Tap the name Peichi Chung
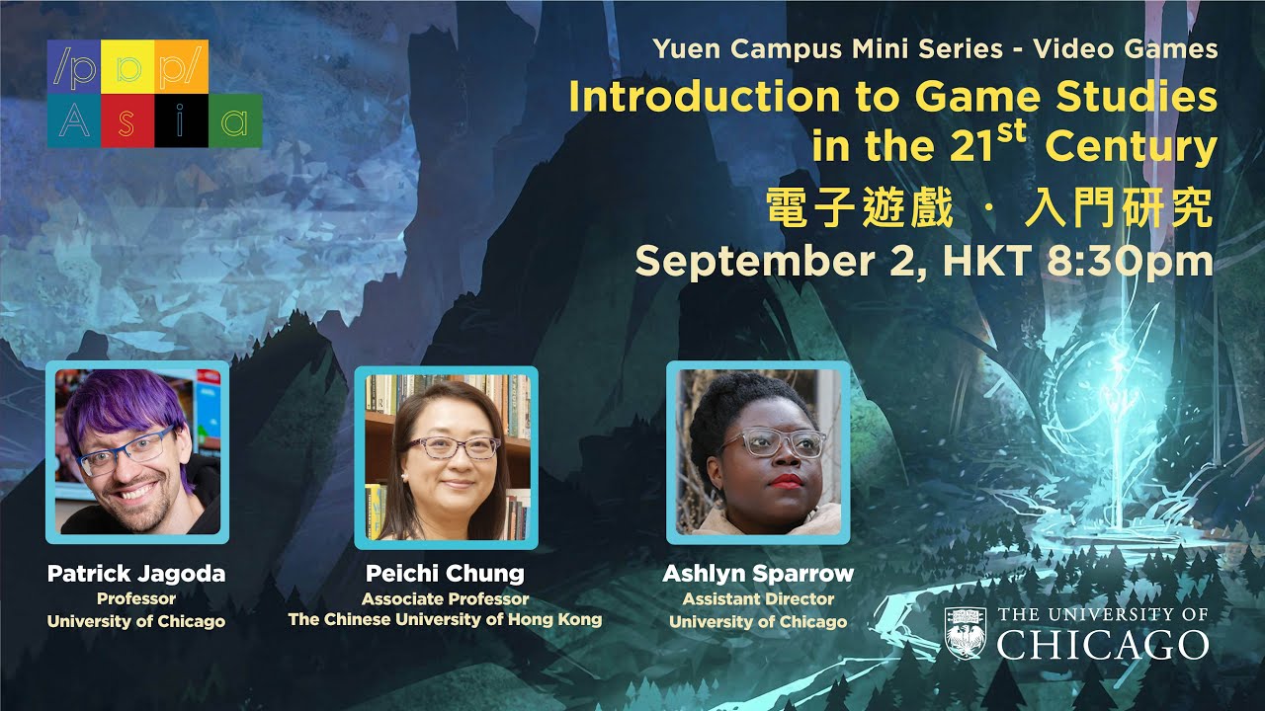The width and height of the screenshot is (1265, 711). point(445,574)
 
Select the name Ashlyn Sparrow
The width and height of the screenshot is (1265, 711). point(758,574)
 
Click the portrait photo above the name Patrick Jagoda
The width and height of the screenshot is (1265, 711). point(137,451)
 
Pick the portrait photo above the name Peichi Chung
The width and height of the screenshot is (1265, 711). point(447,457)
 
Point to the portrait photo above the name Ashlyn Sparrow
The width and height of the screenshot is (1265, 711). point(758,452)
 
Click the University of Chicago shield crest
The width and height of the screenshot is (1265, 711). point(966,633)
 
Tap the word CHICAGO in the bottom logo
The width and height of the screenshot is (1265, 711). point(1102,646)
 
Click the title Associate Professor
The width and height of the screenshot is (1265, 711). point(445,599)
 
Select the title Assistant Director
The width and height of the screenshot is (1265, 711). point(758,599)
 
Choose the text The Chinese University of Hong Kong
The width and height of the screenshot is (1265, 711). point(445,620)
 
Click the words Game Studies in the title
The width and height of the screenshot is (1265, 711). point(1066,97)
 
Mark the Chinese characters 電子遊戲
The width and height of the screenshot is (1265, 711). point(860,209)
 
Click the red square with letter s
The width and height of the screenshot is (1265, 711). point(127,121)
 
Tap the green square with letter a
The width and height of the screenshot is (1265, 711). point(234,121)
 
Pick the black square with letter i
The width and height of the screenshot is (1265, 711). point(181,121)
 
